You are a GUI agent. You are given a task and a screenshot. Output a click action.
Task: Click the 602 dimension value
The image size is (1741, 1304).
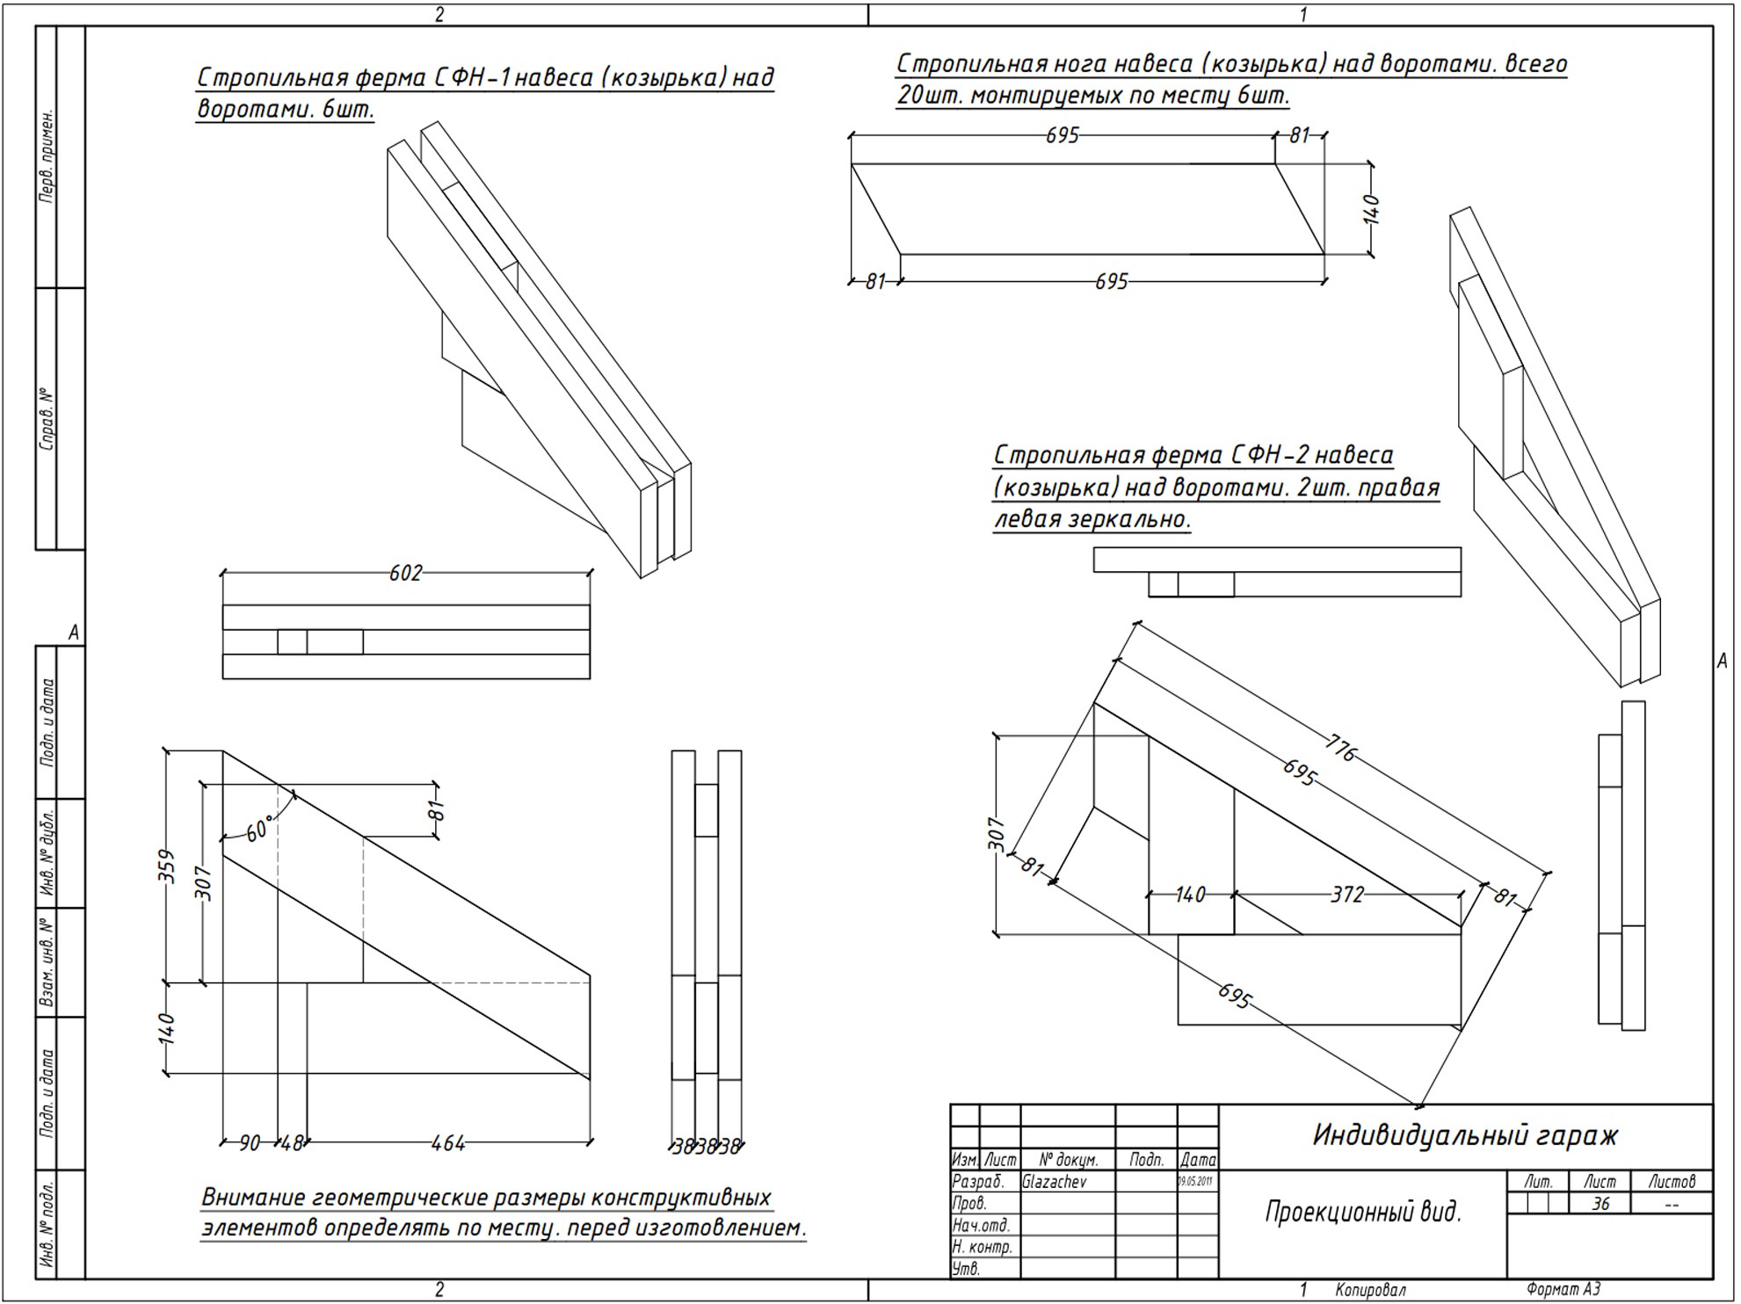(405, 573)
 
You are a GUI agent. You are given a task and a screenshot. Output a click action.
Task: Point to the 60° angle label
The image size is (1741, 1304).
(260, 828)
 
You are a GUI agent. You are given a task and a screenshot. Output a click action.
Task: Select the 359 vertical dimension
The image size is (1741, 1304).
(166, 866)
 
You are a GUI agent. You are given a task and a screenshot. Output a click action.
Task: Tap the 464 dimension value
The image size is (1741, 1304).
(448, 1143)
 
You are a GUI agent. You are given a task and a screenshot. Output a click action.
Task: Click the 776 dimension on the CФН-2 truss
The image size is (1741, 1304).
(1339, 749)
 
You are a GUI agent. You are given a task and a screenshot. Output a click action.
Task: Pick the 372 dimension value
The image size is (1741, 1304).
(1346, 895)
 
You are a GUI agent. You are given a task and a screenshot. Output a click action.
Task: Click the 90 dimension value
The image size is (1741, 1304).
(250, 1143)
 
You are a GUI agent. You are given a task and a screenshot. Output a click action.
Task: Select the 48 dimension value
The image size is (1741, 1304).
(292, 1143)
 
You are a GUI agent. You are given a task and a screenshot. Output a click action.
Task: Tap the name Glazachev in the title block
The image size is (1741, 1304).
(1054, 1182)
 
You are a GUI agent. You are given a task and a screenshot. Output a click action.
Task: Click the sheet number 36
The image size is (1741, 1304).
(1600, 1204)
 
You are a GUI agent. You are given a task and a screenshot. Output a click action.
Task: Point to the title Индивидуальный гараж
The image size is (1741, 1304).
(1465, 1135)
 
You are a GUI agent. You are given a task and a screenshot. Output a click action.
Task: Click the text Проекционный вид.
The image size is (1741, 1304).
(1363, 1213)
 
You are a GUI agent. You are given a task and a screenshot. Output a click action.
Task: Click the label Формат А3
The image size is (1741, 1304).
(1563, 1290)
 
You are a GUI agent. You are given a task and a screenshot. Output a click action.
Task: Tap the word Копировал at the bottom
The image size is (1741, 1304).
(1370, 1290)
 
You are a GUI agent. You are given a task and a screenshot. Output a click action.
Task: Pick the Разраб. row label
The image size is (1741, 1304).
(977, 1182)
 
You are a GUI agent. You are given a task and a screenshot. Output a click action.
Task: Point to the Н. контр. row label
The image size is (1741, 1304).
(982, 1247)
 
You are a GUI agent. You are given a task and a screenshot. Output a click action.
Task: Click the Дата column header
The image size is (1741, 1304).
(1198, 1160)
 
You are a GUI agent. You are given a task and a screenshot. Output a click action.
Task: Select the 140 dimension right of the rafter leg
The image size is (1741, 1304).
(1371, 209)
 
